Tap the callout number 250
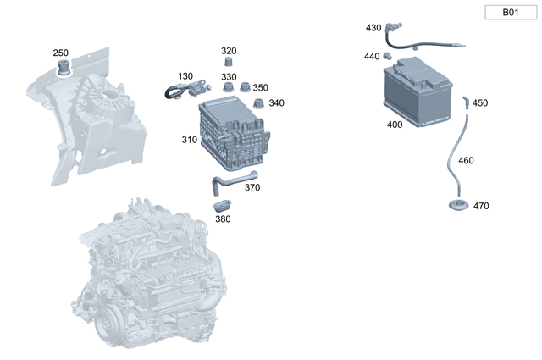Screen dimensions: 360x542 pyautogui.click(x=61, y=53)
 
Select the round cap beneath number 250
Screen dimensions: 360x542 pyautogui.click(x=62, y=68)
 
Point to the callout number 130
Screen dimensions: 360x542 pyautogui.click(x=185, y=76)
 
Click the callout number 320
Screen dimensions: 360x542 pyautogui.click(x=229, y=51)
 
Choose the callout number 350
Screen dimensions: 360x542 pyautogui.click(x=260, y=88)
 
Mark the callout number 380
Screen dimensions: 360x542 pyautogui.click(x=223, y=219)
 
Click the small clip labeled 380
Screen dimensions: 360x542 pyautogui.click(x=222, y=205)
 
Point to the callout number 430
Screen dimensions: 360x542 pyautogui.click(x=373, y=28)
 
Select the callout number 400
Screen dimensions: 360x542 pyautogui.click(x=395, y=125)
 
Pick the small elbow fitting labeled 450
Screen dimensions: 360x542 pyautogui.click(x=464, y=102)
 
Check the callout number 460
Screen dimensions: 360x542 pyautogui.click(x=466, y=160)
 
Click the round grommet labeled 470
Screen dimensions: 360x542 pyautogui.click(x=458, y=206)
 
